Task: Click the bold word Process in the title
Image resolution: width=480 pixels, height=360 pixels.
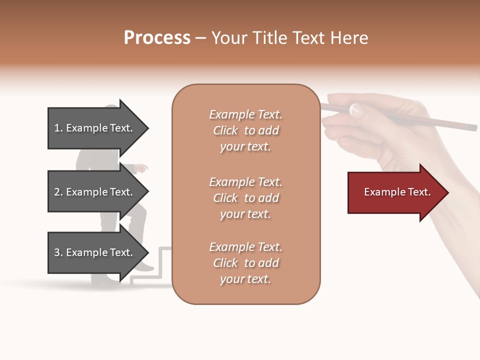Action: [x=157, y=38]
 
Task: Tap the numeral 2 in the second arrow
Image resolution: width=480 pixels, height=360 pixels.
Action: [x=57, y=192]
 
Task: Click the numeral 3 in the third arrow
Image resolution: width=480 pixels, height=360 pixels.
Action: [x=57, y=252]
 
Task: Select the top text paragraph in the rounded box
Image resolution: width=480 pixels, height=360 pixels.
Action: [x=245, y=130]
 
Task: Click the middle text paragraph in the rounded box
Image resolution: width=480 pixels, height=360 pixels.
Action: [x=245, y=198]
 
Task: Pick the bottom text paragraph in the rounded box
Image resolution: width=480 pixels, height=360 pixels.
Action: [x=245, y=263]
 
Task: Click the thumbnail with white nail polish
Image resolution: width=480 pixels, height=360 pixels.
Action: [x=355, y=110]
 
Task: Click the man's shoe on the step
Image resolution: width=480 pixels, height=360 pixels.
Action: [x=144, y=266]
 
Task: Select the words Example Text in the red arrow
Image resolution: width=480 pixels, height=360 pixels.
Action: [x=397, y=192]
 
